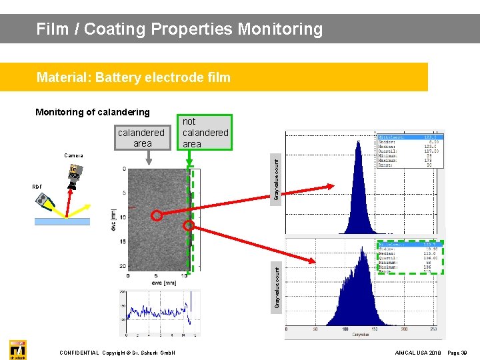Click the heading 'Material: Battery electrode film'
coord(133,77)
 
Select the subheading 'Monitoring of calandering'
coord(93,112)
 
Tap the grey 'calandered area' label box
coord(141,138)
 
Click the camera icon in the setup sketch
coord(74,175)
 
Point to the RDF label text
coord(37,187)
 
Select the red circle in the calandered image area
coord(157,215)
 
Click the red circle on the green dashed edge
coord(189,226)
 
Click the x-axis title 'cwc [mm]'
coord(156,282)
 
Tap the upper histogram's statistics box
coord(409,151)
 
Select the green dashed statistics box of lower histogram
coord(410,257)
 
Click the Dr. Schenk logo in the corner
coord(17,349)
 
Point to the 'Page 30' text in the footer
coord(457,352)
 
